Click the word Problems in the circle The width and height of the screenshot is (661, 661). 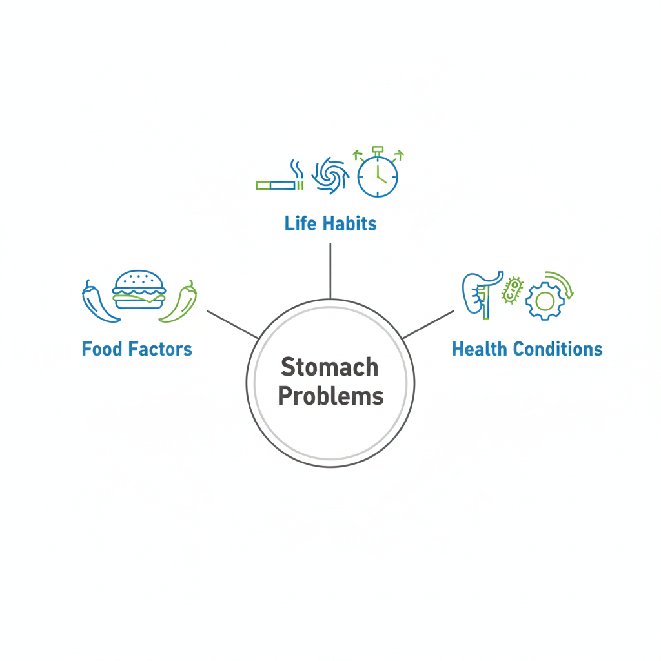[330, 396]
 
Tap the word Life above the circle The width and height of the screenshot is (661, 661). [300, 223]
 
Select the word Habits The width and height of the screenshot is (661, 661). [348, 223]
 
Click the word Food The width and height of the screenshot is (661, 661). [103, 349]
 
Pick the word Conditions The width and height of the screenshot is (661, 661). [561, 349]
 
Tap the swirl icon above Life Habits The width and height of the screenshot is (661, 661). [330, 176]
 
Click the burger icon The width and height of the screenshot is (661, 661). [139, 290]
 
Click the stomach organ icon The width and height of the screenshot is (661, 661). [480, 292]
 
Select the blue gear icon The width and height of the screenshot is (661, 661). [544, 301]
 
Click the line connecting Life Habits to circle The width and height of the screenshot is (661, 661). [330, 271]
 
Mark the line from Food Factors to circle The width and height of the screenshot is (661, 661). [232, 324]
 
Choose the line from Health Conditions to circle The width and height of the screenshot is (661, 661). [429, 324]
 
